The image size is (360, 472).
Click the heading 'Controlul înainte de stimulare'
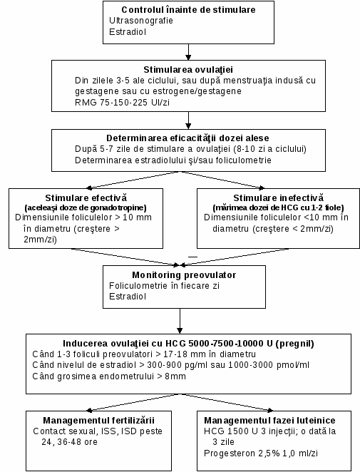coord(188,10)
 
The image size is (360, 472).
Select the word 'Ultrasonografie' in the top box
coord(141,21)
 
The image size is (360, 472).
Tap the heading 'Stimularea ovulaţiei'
coord(188,70)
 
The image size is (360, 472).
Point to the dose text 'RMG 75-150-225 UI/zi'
coord(122,103)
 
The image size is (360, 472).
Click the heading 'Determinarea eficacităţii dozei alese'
coord(187,138)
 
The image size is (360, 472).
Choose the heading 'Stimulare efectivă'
coord(86,197)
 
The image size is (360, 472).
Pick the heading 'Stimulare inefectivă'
coord(279,197)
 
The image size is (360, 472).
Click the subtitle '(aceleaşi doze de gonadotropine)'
coord(86,207)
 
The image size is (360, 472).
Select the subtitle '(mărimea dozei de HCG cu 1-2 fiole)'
coord(278,207)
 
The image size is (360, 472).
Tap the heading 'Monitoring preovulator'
coord(184,275)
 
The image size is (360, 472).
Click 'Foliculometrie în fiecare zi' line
coord(164,285)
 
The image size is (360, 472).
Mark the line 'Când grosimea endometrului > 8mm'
coord(109,376)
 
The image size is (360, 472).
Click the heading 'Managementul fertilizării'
coord(98,420)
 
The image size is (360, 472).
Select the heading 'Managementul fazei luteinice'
coord(269,420)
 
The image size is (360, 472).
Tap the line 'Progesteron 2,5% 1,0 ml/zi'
coord(261,453)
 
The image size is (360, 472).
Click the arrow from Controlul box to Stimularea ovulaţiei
coord(188,52)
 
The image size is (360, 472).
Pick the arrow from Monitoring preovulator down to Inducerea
coord(180,321)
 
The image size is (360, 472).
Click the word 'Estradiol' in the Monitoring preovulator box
coord(128,297)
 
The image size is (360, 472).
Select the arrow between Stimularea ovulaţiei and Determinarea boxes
coord(188,120)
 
